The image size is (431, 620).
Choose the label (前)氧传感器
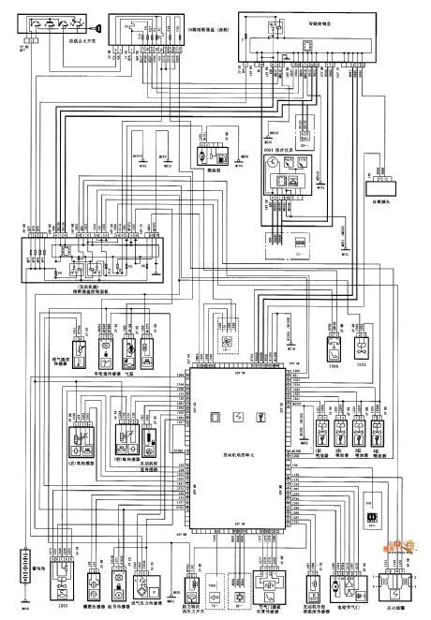(x=128, y=462)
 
